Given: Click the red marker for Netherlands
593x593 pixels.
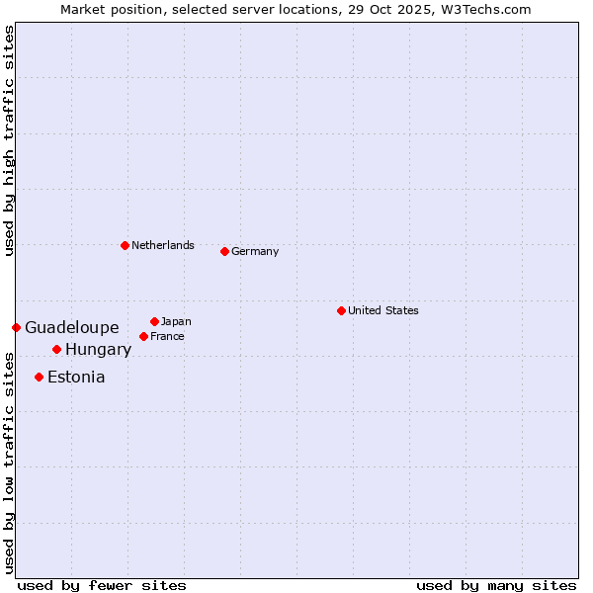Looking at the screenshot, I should (125, 245).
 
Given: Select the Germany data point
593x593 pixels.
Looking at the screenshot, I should (224, 251).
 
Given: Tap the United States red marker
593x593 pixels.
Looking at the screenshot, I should (341, 310).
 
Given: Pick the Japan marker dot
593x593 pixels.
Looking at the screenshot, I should (154, 321).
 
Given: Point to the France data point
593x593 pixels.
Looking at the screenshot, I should (143, 336).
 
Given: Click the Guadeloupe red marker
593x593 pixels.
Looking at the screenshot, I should (16, 327).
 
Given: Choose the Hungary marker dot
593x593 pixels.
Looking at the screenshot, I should (56, 349).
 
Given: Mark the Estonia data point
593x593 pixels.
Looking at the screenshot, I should (39, 377).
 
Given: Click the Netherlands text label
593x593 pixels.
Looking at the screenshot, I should (163, 245).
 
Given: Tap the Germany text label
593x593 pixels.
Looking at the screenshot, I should (255, 251).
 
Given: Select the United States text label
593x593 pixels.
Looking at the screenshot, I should (383, 310).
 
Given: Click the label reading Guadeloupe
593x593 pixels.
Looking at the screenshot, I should (72, 327).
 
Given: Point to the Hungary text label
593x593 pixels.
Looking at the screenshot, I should (99, 349).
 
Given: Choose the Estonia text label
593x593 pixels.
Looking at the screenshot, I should (76, 377).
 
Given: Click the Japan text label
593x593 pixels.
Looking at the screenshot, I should (176, 321).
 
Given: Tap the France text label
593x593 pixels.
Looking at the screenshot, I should (167, 336).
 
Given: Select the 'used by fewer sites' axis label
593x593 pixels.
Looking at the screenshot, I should (102, 585).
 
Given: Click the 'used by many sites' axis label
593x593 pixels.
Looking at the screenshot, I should (496, 585).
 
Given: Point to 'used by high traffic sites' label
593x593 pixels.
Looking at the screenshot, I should (10, 140).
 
